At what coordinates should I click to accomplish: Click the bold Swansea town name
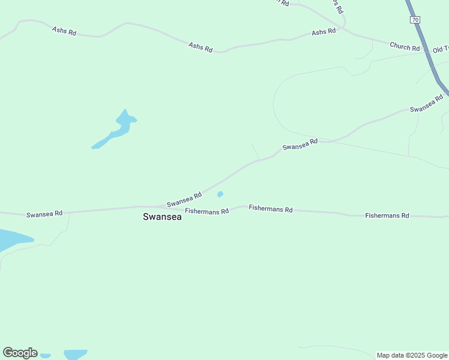point(162,217)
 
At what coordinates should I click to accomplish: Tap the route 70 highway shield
point(415,20)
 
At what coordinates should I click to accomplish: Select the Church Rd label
point(405,46)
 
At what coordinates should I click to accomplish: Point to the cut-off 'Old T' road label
point(441,49)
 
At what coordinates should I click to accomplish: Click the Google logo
point(20,353)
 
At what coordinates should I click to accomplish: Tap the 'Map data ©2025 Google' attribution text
point(412,355)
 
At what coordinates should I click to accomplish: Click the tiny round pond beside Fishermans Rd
point(220,194)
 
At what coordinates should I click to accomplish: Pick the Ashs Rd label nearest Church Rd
point(324,32)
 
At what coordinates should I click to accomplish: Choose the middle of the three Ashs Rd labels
point(200,47)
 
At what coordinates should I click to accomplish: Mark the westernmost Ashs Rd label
point(64,31)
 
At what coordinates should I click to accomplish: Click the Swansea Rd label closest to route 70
point(426,105)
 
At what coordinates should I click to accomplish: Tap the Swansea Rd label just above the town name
point(184,200)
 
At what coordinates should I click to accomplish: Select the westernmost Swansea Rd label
point(44,214)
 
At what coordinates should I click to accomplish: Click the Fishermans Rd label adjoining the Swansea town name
point(207,211)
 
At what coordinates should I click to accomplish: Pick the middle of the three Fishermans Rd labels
point(271,209)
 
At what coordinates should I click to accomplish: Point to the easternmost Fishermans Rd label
point(387,215)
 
